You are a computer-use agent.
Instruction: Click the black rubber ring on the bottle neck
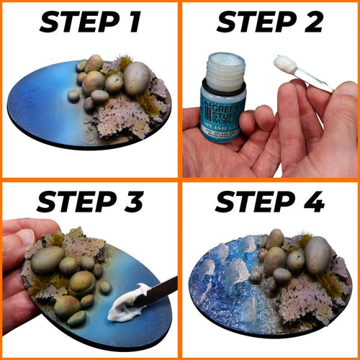[x=225, y=85]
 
